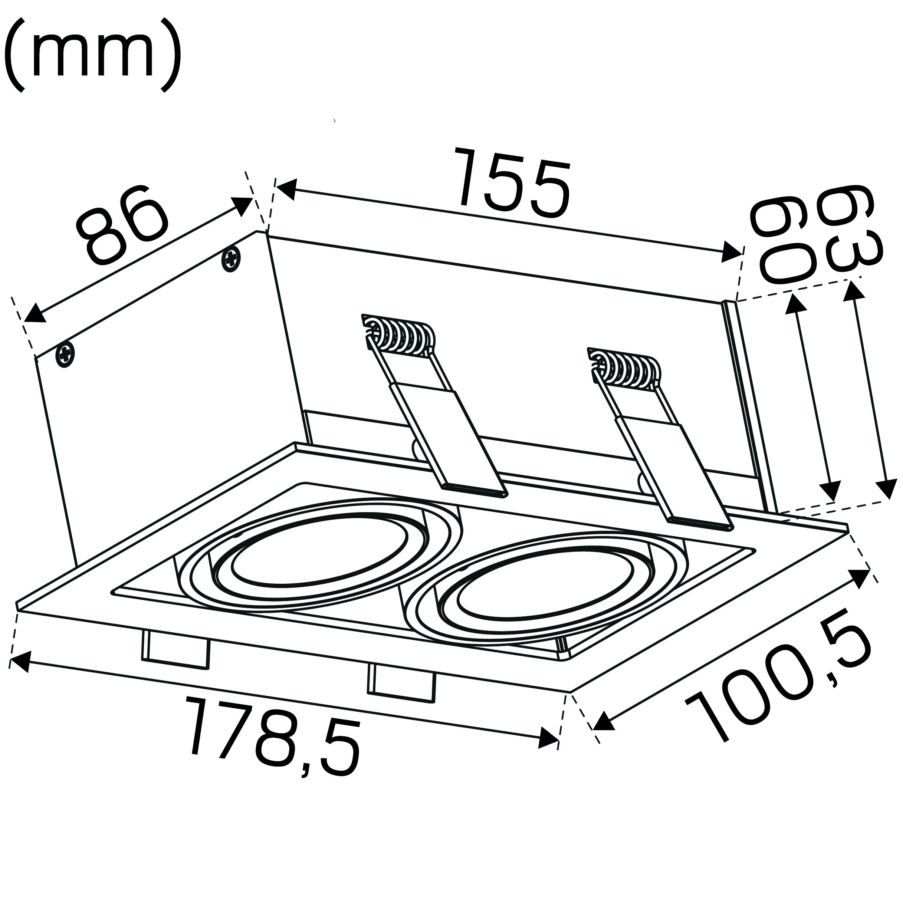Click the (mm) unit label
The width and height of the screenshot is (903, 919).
[x=92, y=55]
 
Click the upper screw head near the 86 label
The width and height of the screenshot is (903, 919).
[x=231, y=259]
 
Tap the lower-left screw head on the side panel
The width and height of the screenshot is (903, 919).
[x=65, y=355]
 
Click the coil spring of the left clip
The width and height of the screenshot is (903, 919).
[x=398, y=337]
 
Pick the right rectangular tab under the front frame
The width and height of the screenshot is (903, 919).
[x=401, y=683]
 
